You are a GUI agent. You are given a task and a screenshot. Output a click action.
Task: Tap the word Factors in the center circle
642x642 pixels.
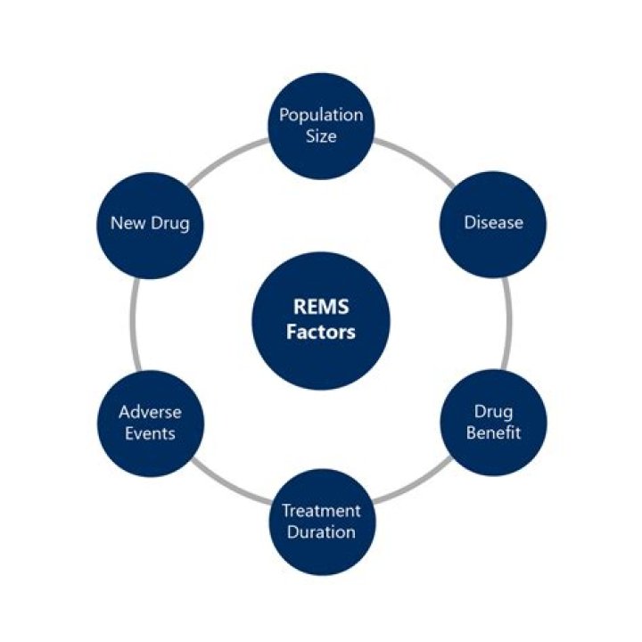pyautogui.click(x=321, y=333)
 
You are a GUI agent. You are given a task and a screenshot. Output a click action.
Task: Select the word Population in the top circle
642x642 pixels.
pyautogui.click(x=321, y=115)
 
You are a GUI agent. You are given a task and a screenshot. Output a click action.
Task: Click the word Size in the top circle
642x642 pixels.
pyautogui.click(x=321, y=136)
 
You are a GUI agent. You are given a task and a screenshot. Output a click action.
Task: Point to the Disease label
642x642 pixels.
pyautogui.click(x=492, y=222)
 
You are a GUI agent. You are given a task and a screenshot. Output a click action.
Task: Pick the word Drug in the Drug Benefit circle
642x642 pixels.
pyautogui.click(x=492, y=412)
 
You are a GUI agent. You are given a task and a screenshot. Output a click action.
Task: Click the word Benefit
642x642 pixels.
pyautogui.click(x=492, y=433)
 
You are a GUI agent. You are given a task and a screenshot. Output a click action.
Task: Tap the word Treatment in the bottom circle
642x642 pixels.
pyautogui.click(x=321, y=511)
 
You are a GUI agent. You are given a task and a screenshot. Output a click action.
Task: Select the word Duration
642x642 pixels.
pyautogui.click(x=321, y=532)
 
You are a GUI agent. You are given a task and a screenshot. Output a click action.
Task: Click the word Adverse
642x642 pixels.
pyautogui.click(x=150, y=412)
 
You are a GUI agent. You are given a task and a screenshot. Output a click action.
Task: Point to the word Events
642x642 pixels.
pyautogui.click(x=150, y=433)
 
